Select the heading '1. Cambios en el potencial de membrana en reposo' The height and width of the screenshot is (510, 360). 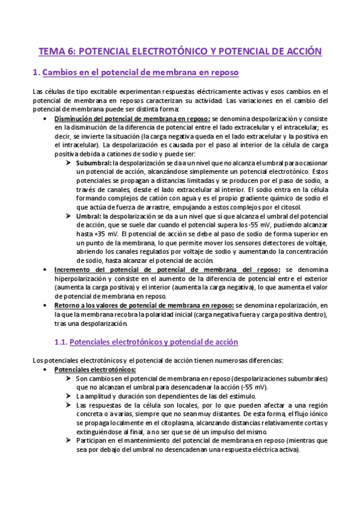[x=135, y=73]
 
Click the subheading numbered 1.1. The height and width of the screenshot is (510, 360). [x=146, y=342]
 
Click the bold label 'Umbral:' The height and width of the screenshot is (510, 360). [x=88, y=216]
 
